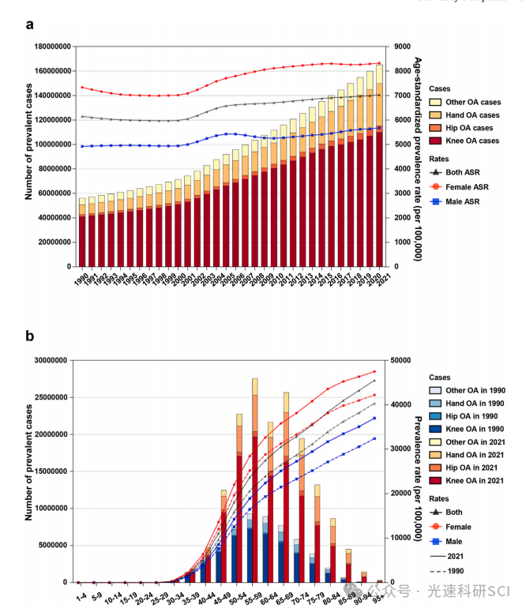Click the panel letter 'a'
29,24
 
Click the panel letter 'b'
29,336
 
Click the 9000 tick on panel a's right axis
401,47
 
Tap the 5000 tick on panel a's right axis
401,145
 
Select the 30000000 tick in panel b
49,361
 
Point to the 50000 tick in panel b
403,361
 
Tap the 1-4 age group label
80,591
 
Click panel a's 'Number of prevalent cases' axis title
29,156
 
